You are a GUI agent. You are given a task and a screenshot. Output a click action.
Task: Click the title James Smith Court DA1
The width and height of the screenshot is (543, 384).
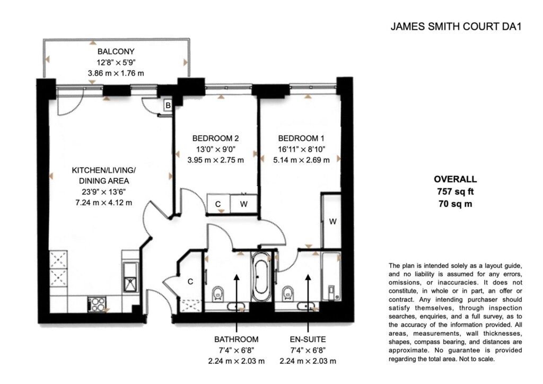456,27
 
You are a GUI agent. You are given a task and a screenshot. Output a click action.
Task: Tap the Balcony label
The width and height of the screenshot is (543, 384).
116,51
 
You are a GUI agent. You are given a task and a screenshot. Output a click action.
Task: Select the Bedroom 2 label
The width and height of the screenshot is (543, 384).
215,138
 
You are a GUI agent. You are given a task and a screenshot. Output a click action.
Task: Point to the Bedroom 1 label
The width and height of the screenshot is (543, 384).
301,138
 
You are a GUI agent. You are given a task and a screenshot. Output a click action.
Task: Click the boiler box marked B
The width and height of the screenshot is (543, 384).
168,105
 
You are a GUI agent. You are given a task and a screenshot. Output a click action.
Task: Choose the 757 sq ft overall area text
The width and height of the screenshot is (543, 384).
455,191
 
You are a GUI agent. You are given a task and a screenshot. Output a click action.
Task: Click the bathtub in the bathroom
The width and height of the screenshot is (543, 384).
261,276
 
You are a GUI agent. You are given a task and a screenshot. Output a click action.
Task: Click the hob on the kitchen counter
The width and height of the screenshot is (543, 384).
97,304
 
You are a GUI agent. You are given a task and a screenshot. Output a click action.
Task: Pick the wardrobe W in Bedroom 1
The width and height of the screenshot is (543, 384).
332,221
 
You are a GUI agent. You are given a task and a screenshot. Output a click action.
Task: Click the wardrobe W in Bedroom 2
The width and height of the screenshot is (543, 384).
244,204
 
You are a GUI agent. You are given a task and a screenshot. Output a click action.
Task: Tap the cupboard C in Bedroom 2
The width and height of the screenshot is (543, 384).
218,204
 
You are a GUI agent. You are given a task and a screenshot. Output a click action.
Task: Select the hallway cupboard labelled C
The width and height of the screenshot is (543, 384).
190,281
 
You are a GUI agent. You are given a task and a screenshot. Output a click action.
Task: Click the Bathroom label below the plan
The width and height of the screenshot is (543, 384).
236,339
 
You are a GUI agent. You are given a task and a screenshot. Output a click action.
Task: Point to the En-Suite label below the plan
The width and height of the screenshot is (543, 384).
308,339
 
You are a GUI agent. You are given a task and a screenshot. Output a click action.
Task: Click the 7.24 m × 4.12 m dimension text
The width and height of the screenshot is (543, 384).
103,203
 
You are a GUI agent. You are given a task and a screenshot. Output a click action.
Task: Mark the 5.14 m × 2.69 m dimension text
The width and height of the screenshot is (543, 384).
301,160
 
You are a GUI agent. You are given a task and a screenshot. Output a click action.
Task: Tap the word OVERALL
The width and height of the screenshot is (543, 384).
455,179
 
